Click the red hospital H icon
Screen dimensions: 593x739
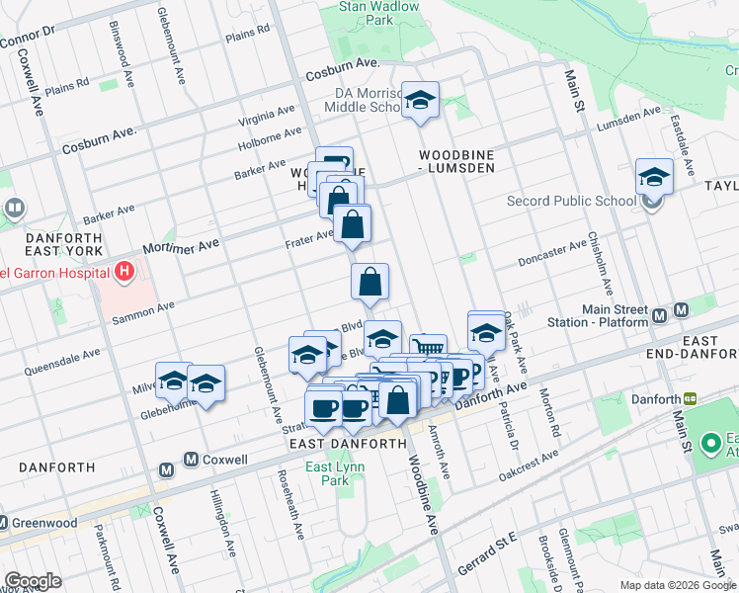123,271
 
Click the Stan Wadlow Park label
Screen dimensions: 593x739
379,13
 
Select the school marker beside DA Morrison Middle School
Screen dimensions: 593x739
421,101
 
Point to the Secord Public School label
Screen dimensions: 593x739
571,202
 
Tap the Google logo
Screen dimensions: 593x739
32,581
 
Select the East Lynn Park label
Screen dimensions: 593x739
330,474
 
